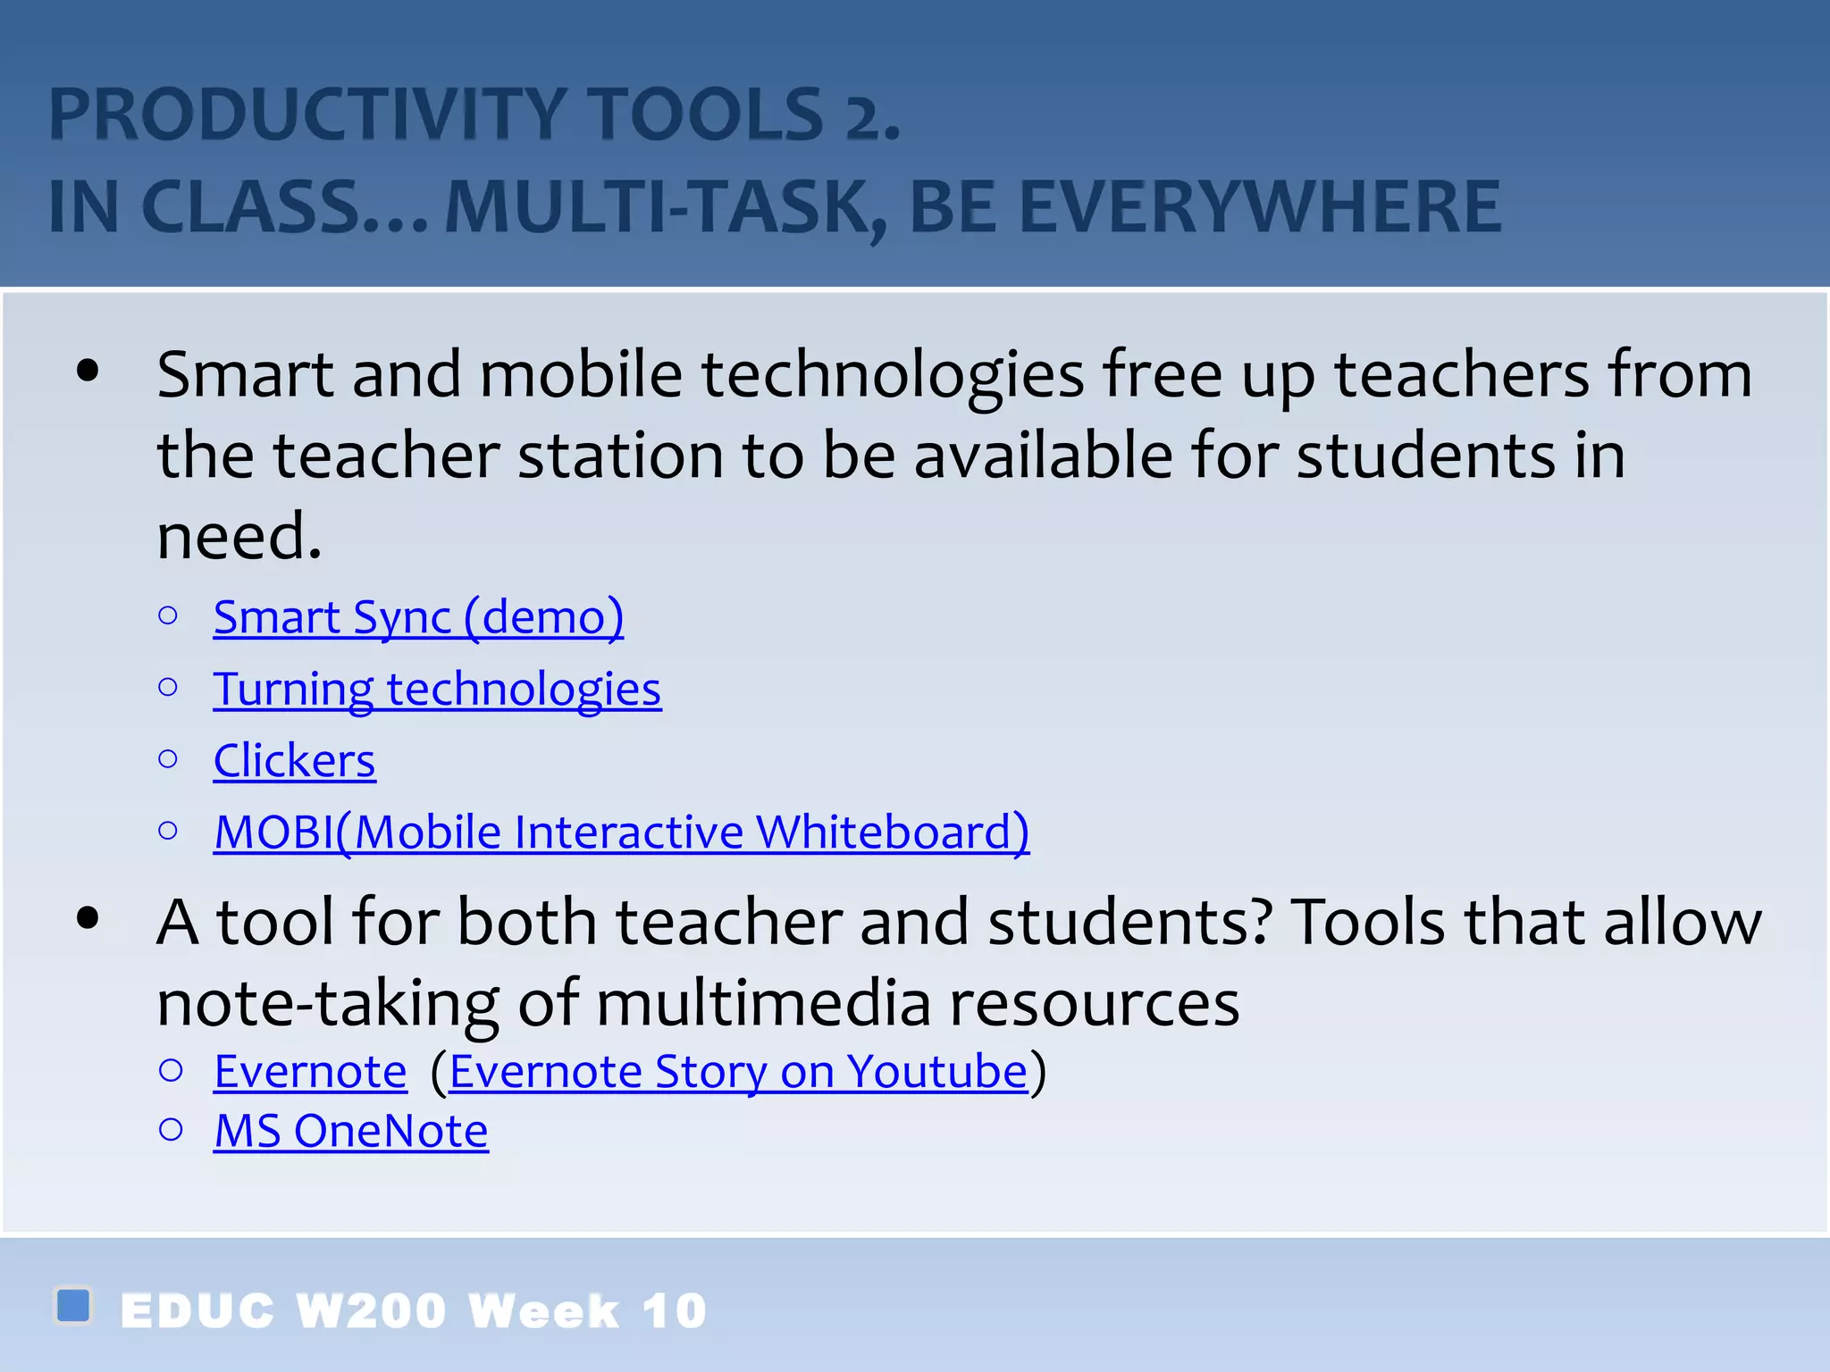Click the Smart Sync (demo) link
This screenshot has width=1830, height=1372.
418,617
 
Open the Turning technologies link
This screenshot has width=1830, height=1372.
437,689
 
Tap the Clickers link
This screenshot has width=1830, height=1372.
294,761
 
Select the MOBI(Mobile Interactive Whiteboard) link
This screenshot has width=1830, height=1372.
621,832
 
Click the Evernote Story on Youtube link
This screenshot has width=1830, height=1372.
738,1072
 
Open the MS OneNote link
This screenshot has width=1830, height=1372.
351,1132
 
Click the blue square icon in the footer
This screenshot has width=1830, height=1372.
73,1305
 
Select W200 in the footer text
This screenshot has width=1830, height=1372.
371,1311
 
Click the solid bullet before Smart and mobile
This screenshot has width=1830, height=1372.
88,371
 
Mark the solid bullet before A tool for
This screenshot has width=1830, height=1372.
88,918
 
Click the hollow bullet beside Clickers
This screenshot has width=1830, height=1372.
168,759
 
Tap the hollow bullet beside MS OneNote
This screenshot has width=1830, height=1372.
171,1130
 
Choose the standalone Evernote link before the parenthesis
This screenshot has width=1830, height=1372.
310,1072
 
